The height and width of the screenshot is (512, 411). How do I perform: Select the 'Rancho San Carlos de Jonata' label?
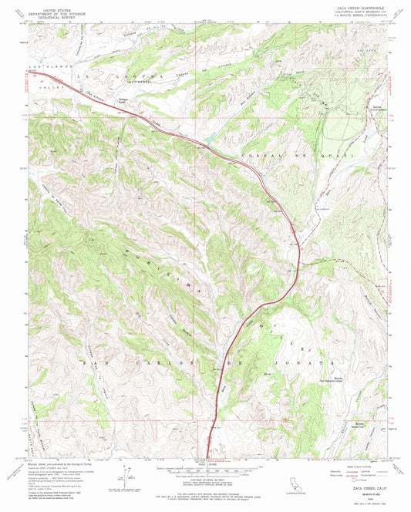coord(337,379)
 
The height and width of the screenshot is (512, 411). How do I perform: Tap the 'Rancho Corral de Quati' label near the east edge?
coord(377,108)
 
